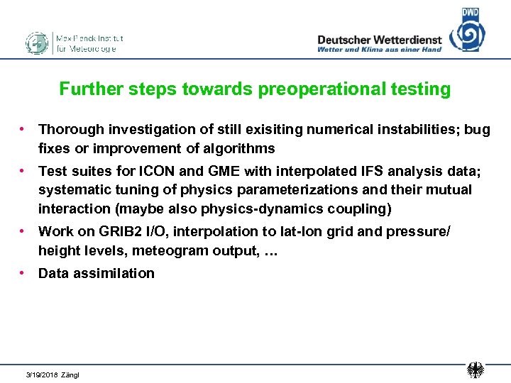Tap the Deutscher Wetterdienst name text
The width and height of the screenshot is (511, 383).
[379, 40]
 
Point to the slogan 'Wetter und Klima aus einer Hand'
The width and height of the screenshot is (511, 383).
[379, 50]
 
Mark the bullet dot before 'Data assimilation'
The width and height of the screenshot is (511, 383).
[23, 272]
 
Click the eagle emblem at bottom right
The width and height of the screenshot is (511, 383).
[476, 370]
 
